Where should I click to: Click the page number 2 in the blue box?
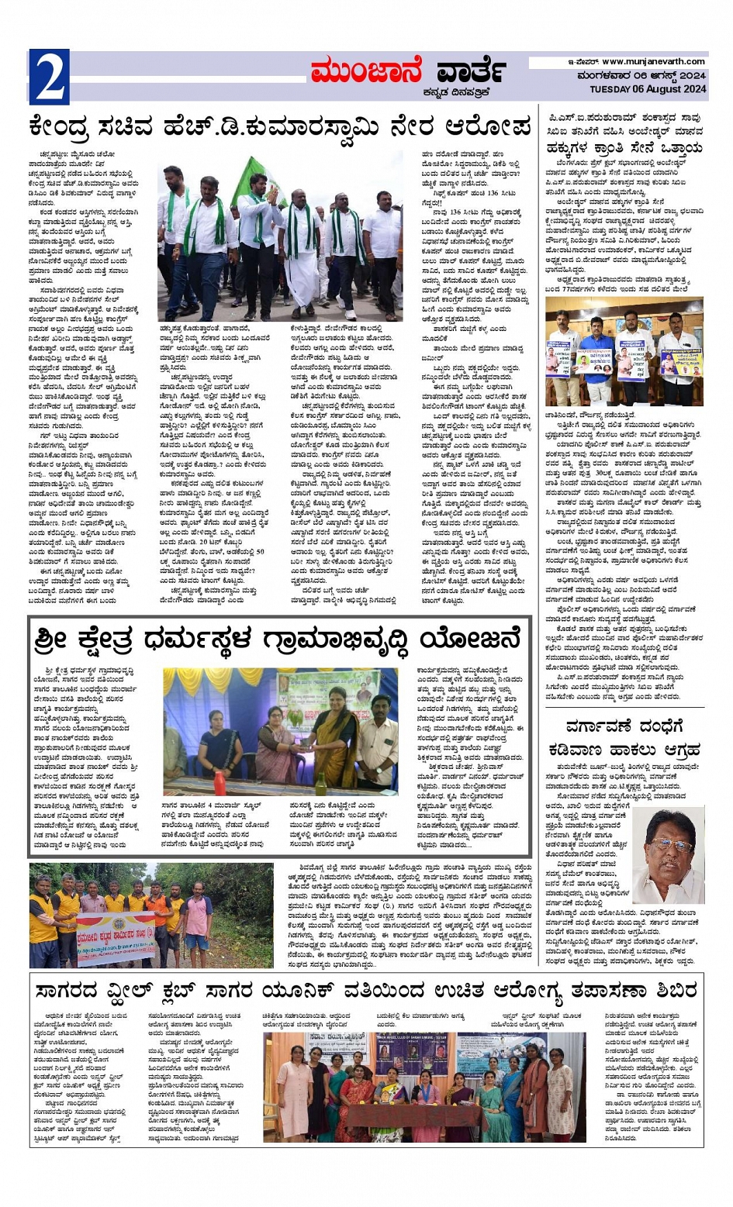pos(49,76)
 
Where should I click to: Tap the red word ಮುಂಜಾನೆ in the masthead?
pos(363,72)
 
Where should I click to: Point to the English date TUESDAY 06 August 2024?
pos(648,88)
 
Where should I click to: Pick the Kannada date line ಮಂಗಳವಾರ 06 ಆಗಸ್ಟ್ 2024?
pos(641,76)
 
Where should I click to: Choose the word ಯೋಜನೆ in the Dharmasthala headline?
pos(481,640)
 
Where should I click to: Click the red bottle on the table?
pos(220,782)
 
